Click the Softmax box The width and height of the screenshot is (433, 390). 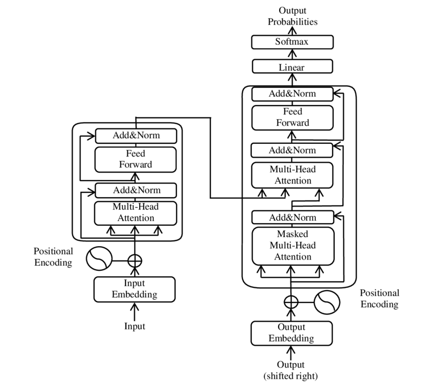pyautogui.click(x=292, y=42)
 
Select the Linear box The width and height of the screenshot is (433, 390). pyautogui.click(x=292, y=66)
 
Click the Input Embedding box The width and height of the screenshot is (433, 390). pyautogui.click(x=134, y=289)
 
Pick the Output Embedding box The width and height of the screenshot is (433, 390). pyautogui.click(x=292, y=333)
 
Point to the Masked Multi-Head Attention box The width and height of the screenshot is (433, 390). pyautogui.click(x=292, y=246)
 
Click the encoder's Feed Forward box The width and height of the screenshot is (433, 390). pyautogui.click(x=135, y=159)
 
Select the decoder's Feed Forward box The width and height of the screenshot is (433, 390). pyautogui.click(x=292, y=117)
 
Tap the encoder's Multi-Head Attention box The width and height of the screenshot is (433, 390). pyautogui.click(x=135, y=213)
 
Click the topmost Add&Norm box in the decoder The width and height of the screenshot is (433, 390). pyautogui.click(x=292, y=94)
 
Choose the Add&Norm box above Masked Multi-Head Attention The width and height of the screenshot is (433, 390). pyautogui.click(x=292, y=217)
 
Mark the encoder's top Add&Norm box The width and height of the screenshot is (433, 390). pyautogui.click(x=135, y=136)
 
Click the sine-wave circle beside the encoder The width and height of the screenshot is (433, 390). pyautogui.click(x=98, y=259)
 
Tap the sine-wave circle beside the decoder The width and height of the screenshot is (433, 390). pyautogui.click(x=327, y=302)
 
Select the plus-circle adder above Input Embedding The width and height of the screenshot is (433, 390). pyautogui.click(x=134, y=260)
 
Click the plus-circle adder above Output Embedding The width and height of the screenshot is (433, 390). pyautogui.click(x=291, y=302)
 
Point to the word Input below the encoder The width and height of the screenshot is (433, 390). pyautogui.click(x=134, y=326)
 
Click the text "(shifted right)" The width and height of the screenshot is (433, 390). pyautogui.click(x=291, y=376)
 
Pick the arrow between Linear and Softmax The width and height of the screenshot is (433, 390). pyautogui.click(x=292, y=54)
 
